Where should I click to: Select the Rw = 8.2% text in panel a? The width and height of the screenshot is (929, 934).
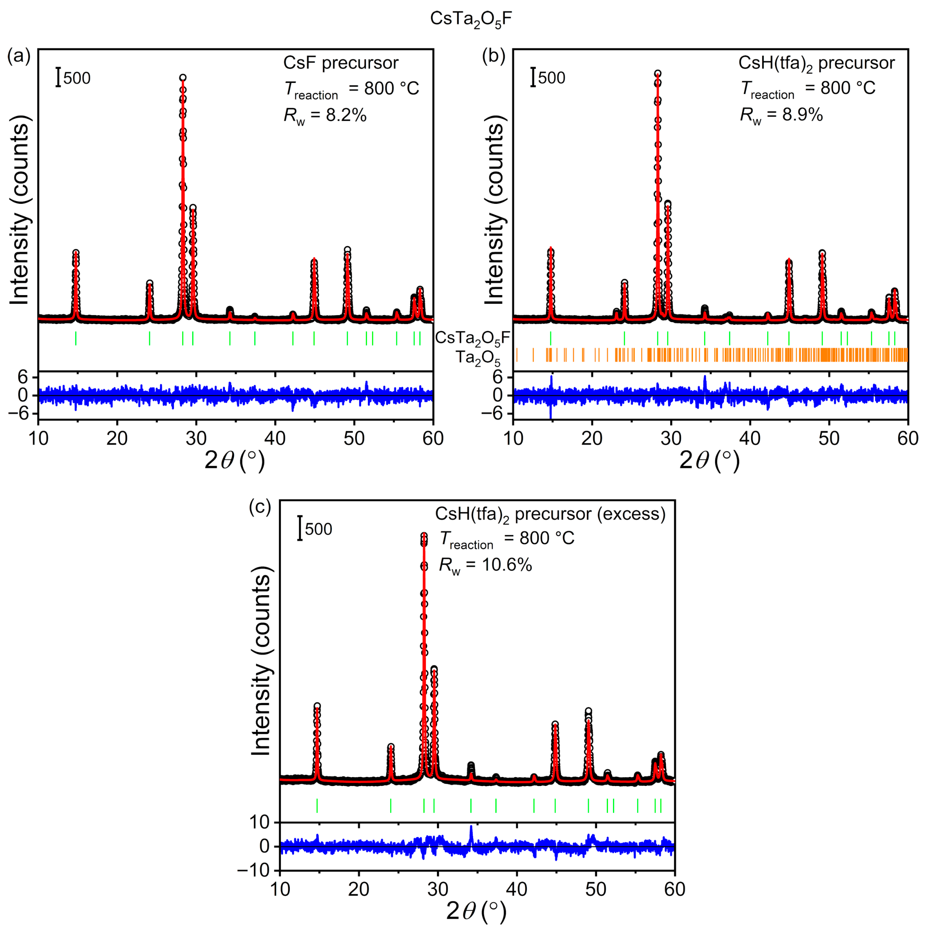coord(325,116)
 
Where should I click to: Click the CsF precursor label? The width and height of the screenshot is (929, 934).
coord(341,63)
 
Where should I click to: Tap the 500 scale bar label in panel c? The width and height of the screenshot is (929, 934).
coord(318,529)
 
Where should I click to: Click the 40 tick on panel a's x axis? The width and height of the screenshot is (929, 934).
coord(275,438)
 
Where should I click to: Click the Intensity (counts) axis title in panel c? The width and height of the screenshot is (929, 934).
coord(261,665)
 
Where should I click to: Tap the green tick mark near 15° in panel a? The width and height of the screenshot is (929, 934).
coord(76,338)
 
